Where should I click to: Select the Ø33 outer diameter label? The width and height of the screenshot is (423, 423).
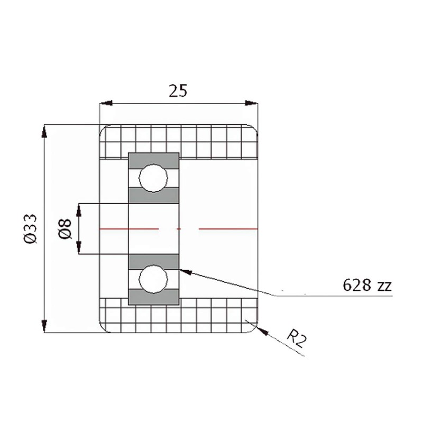pos(30,228)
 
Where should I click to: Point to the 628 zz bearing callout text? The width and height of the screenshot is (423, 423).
pos(366,286)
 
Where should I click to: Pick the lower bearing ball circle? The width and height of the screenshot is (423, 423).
pos(153,279)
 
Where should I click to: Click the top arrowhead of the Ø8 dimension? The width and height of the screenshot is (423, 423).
pos(79,208)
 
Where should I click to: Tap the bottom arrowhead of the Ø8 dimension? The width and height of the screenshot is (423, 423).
pos(79,249)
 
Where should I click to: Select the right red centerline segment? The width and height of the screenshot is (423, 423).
pos(228,228)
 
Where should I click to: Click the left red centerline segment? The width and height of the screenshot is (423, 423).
pos(128,228)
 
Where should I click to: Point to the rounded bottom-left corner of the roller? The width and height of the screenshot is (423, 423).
pos(103,328)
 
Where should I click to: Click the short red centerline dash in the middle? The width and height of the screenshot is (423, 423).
pos(179,228)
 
